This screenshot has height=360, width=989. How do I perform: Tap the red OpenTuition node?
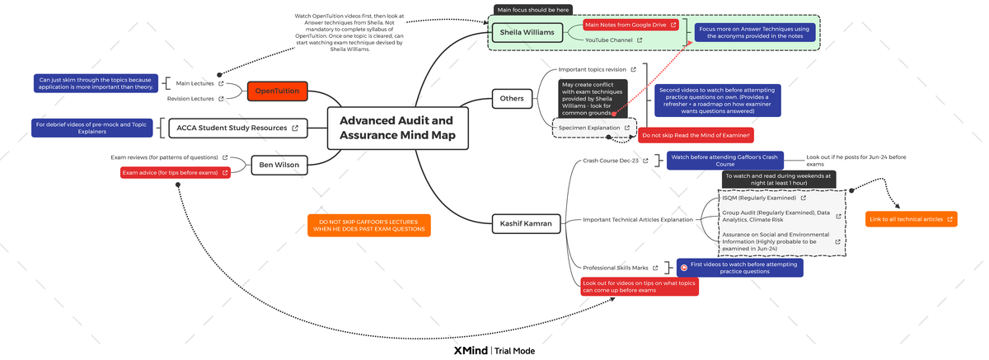coord(279,91)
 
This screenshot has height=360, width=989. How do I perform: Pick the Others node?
coord(512,99)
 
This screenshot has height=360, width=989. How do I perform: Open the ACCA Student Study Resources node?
coord(237,128)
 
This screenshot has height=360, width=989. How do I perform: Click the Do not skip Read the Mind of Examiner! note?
coord(695,135)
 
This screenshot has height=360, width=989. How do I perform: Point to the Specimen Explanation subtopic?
coord(589,128)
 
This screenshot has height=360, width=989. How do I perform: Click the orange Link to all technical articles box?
coord(911,219)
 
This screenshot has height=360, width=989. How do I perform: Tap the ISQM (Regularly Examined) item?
coord(758,198)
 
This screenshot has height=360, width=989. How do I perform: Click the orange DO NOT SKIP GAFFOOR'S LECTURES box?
coord(369,226)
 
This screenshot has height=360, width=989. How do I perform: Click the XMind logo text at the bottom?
coord(470,350)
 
